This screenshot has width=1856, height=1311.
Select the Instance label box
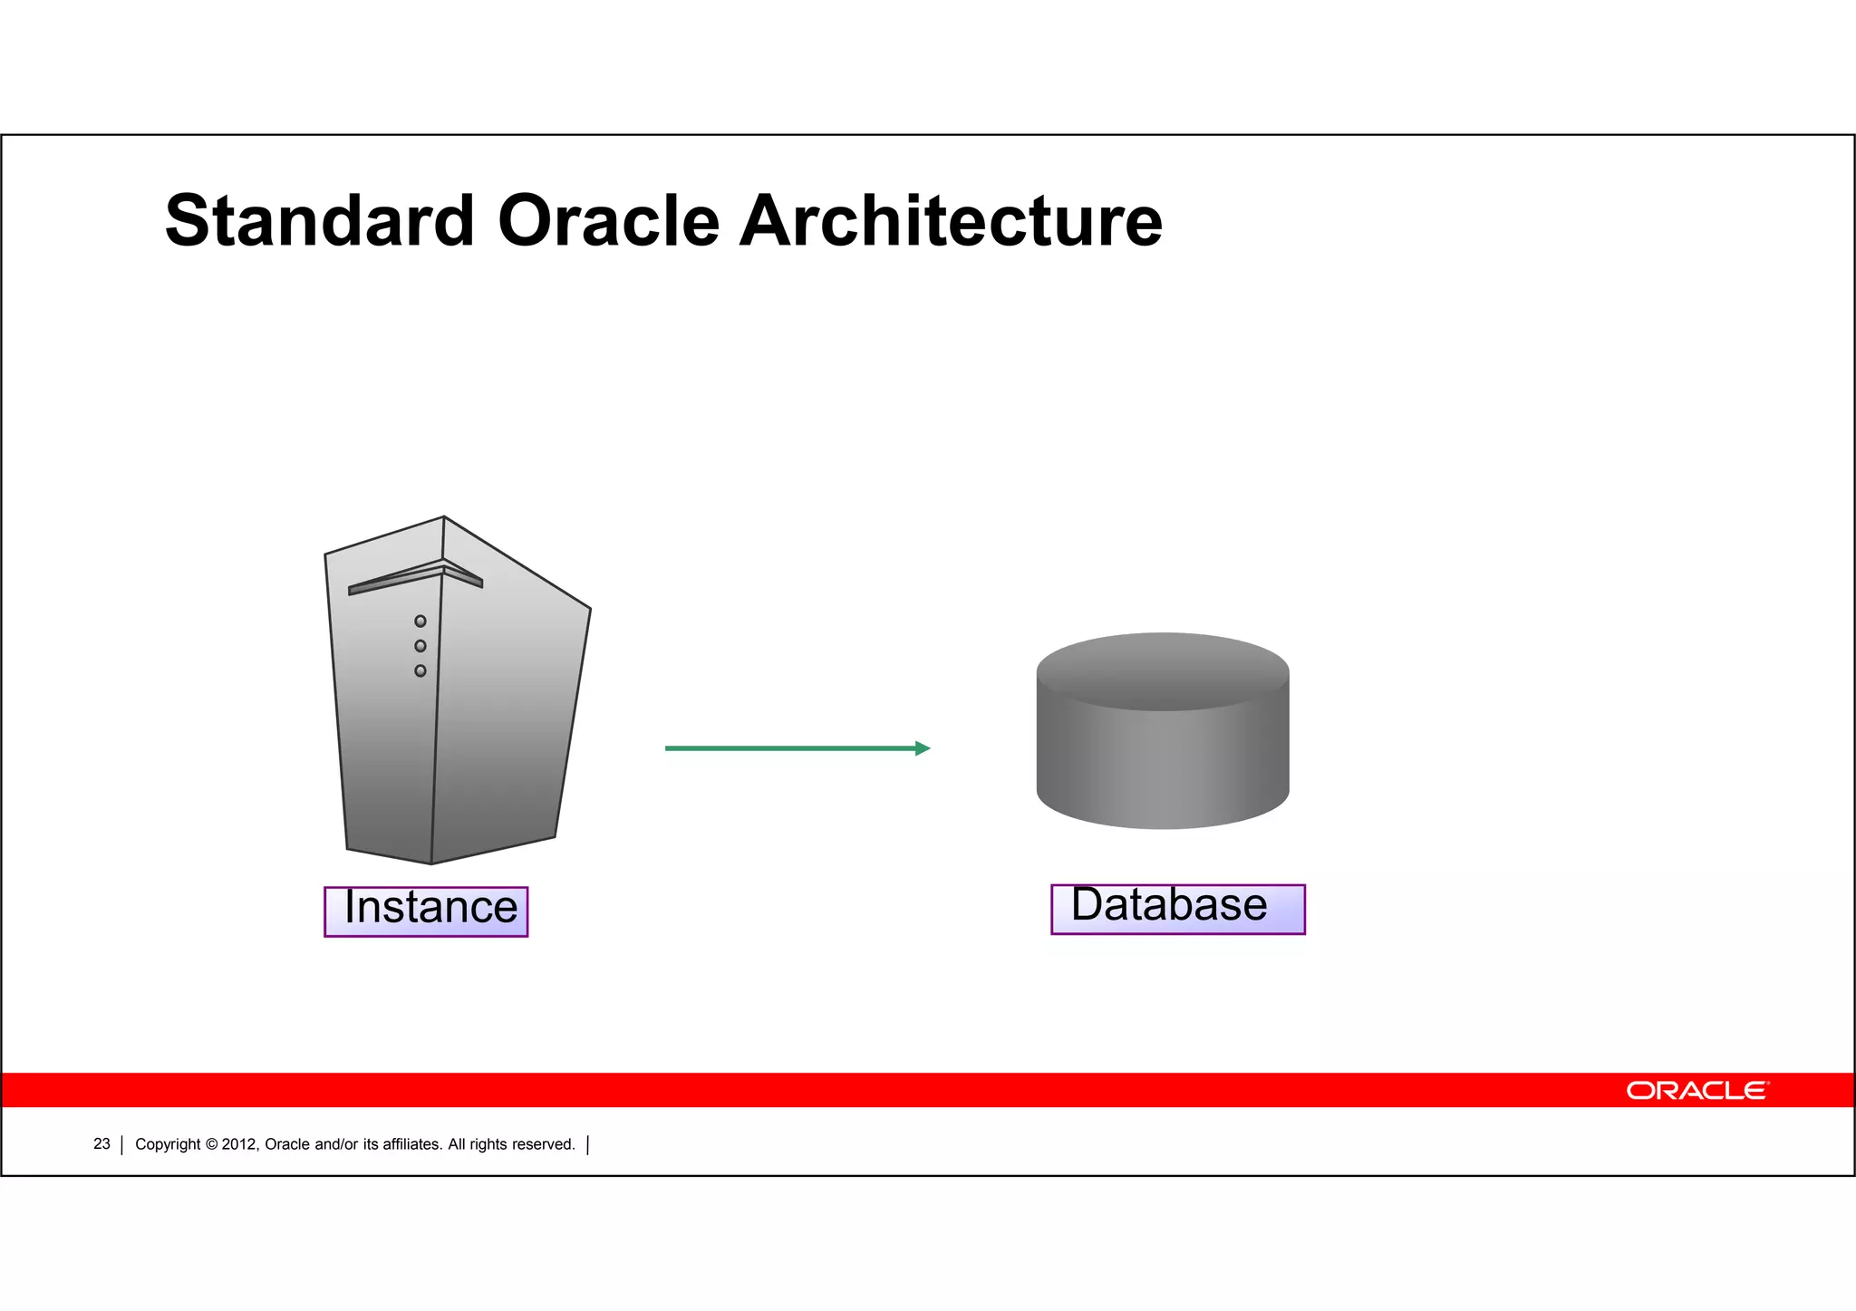(x=426, y=911)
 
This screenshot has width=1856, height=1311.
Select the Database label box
(x=1177, y=908)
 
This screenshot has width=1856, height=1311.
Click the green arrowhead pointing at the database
(x=923, y=748)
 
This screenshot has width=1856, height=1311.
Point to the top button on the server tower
(x=420, y=622)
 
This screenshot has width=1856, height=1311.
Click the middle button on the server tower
(x=420, y=646)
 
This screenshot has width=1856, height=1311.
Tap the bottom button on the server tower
(x=420, y=671)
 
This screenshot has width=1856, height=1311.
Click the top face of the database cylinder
(x=1163, y=670)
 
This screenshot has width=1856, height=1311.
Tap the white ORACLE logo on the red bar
(x=1696, y=1090)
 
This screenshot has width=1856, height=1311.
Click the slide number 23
(x=101, y=1144)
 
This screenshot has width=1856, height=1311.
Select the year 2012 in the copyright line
(x=240, y=1144)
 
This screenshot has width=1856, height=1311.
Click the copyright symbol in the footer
(x=211, y=1144)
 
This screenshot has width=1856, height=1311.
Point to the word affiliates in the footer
(x=412, y=1144)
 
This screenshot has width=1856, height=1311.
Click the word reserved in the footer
(x=544, y=1144)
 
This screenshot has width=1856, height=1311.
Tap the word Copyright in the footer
(x=168, y=1144)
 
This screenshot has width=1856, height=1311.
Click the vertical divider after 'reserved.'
(x=588, y=1145)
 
